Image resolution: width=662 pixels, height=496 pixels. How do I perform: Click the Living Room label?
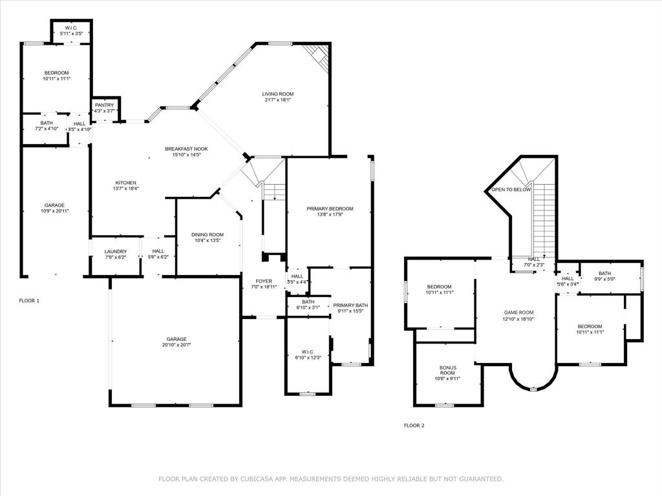click(x=277, y=94)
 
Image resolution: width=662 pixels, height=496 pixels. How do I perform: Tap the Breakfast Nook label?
click(x=186, y=149)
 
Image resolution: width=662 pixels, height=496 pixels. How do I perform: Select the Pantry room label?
click(x=104, y=105)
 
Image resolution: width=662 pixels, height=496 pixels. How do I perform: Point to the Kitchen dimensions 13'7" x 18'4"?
click(x=127, y=189)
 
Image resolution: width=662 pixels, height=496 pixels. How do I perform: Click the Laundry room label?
click(x=116, y=251)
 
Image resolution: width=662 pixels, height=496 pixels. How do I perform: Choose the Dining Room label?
click(x=208, y=234)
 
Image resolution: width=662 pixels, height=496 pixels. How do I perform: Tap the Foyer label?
click(x=264, y=281)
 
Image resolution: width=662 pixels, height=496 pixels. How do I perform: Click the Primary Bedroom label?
click(x=330, y=209)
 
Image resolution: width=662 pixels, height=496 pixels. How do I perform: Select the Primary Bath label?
click(x=350, y=305)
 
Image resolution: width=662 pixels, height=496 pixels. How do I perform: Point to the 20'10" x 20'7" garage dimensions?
click(x=176, y=345)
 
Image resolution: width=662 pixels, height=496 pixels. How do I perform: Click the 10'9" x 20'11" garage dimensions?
click(x=54, y=211)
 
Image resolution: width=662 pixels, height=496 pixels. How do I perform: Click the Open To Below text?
click(x=511, y=189)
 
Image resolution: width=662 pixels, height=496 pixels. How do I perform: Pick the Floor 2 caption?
click(x=414, y=426)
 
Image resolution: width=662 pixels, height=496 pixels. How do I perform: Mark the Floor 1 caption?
click(x=29, y=300)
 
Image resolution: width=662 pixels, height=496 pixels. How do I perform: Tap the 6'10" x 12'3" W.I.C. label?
click(x=308, y=353)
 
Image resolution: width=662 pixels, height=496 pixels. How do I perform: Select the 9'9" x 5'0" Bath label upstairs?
click(x=604, y=276)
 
